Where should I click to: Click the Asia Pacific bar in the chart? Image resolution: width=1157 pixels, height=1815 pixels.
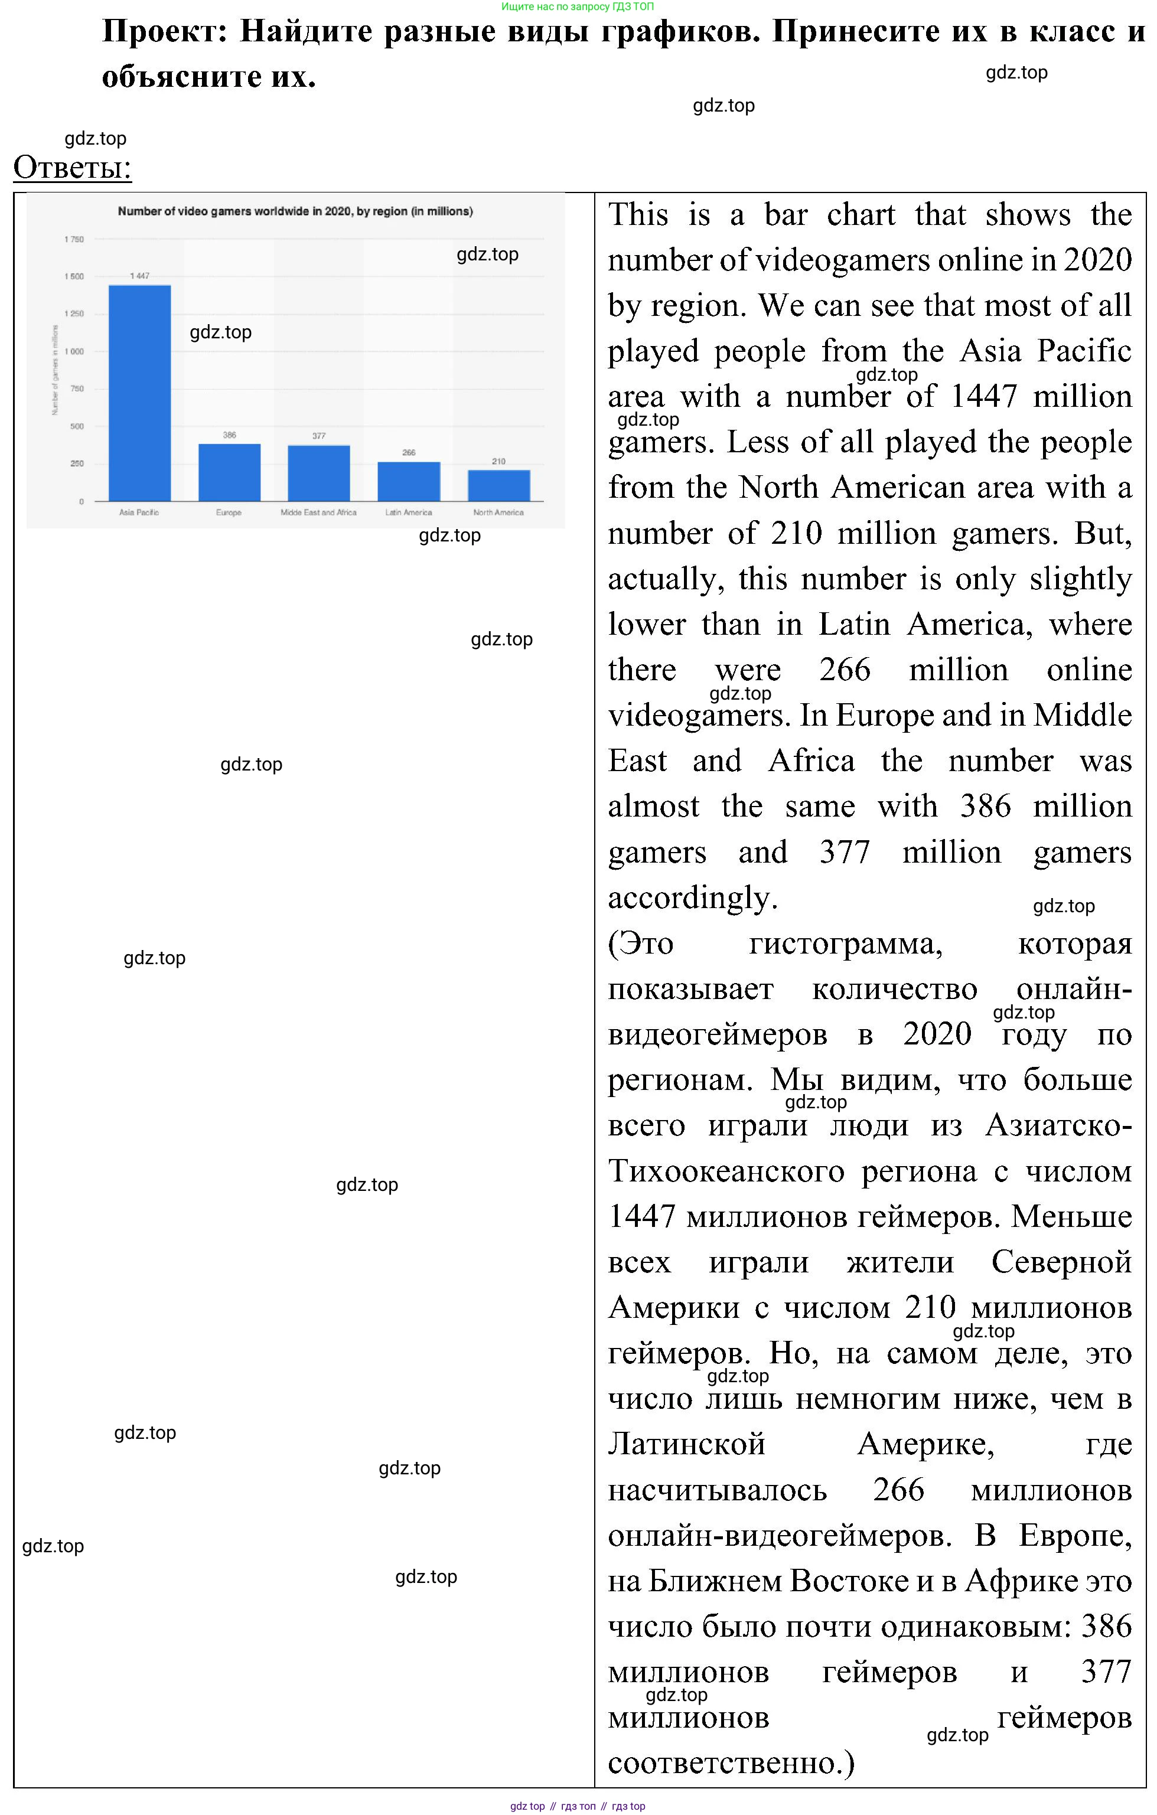coord(139,393)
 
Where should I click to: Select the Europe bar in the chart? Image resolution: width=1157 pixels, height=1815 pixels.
coord(229,472)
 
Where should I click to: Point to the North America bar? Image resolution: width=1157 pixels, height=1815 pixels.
coord(498,485)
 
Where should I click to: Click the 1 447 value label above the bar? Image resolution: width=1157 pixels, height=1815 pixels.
coord(139,276)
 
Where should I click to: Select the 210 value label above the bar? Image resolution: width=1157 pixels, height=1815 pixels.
coord(499,461)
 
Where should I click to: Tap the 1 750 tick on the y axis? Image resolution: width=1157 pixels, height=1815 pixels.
coord(74,240)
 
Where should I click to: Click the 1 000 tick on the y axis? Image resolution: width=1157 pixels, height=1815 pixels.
coord(74,352)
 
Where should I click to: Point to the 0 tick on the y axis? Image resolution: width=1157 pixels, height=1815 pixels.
coord(82,502)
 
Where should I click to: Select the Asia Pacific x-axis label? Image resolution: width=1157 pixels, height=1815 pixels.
coord(139,512)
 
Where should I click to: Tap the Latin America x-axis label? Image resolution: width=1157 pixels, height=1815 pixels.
coord(409,512)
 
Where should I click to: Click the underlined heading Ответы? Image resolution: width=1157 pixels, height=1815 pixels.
coord(73,167)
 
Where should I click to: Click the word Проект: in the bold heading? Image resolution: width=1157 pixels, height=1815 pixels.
coord(164,32)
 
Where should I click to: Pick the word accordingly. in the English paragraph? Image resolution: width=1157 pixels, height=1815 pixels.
coord(692,897)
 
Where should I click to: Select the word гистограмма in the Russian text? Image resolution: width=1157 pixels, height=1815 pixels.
coord(845,944)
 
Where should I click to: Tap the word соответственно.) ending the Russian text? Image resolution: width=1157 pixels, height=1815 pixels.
coord(731,1762)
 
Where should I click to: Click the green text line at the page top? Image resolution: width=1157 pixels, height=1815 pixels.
coord(578,6)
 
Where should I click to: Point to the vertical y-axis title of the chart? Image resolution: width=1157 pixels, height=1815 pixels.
coord(55,370)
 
